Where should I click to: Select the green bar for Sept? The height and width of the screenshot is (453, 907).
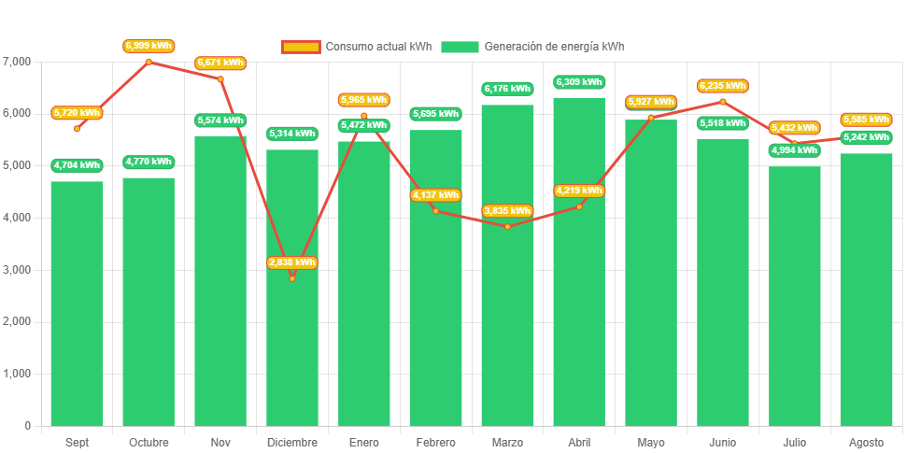pos(77,308)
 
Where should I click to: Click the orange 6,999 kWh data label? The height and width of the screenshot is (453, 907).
pos(149,45)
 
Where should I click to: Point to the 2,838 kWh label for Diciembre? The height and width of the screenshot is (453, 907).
pos(291,262)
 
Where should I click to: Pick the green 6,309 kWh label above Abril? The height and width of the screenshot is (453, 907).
pos(579,82)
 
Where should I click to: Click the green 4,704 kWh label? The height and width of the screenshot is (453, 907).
pos(77,165)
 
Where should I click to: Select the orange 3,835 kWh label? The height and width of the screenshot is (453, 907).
pos(507,211)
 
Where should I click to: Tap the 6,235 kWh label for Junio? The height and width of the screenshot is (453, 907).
pos(723,86)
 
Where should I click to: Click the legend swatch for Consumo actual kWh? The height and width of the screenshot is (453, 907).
pos(301,47)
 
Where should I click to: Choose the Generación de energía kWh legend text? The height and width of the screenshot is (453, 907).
pos(555,47)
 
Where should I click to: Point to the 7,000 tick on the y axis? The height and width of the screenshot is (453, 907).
pos(17,62)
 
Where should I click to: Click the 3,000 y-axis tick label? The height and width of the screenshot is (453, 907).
pos(17,270)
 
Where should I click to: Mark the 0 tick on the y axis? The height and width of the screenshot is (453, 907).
pos(27,426)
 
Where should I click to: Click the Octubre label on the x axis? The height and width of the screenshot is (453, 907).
pos(149,442)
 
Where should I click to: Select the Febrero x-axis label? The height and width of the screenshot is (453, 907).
pos(435,442)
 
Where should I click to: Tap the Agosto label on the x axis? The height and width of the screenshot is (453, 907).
pos(866,442)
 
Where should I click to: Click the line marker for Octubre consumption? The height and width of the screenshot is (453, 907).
pos(149,62)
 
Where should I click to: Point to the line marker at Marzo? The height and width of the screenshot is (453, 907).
pos(507,226)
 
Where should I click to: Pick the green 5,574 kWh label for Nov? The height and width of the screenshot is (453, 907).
pos(220,120)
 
